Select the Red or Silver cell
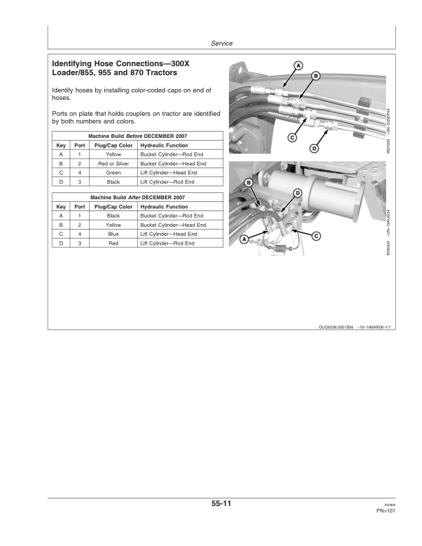tap(114, 164)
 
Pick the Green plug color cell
tap(114, 173)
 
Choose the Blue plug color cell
tap(114, 234)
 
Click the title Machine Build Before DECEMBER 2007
tap(138, 136)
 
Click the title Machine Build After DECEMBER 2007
tap(138, 198)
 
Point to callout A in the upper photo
tap(298, 65)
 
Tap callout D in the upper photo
tap(314, 148)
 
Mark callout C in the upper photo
tap(292, 138)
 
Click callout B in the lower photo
tap(248, 182)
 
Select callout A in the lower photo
tap(243, 239)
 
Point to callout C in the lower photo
tap(316, 236)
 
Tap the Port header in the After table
tap(79, 207)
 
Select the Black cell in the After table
tap(114, 216)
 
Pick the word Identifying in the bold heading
tap(77, 63)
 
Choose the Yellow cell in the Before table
tap(114, 155)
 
